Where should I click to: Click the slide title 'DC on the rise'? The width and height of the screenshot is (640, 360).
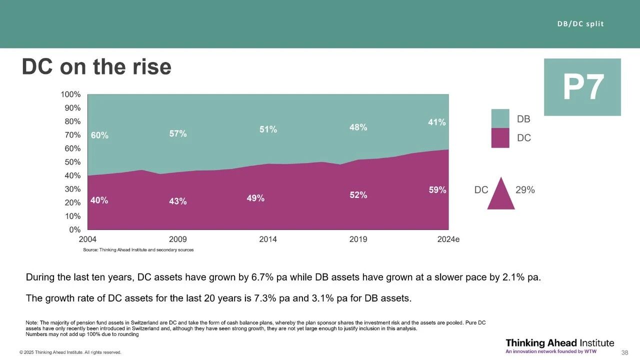point(96,67)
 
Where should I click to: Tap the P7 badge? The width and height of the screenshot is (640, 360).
point(582,87)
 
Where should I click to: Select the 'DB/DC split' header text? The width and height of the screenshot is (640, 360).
point(580,24)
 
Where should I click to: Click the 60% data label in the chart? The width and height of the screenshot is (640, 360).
point(99,135)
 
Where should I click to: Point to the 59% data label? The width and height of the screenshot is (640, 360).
point(437,190)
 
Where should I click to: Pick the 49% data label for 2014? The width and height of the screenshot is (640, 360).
point(255,198)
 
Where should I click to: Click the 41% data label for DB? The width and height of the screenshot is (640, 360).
point(437,122)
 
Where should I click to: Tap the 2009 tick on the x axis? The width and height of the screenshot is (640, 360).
point(178,239)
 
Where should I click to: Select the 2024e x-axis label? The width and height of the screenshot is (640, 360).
point(448,239)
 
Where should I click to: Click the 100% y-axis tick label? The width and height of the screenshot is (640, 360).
point(70,94)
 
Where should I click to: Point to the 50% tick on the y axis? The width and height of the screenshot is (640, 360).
point(72,162)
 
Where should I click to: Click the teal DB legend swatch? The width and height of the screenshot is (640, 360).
point(500,118)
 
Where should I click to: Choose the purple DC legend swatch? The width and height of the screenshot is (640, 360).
point(500,137)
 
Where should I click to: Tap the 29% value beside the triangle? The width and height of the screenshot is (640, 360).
point(525,190)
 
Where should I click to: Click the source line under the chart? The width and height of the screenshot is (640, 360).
point(138,249)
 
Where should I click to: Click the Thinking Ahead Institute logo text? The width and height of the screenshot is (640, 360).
point(559,343)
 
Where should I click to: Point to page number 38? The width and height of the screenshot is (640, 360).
point(624,352)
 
